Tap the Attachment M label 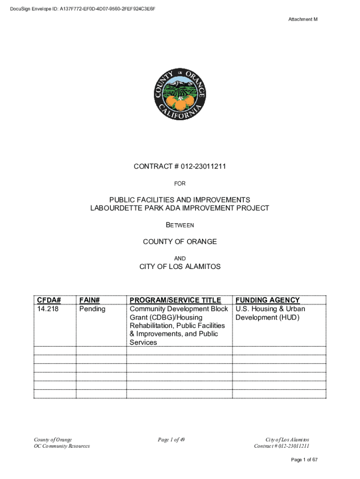(x=302, y=19)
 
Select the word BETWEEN (x=180, y=225)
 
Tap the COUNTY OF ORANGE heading (x=180, y=241)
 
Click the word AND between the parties (x=180, y=258)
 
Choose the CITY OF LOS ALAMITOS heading (x=180, y=267)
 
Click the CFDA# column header (x=50, y=300)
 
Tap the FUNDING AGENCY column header (x=267, y=300)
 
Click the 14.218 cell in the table (x=47, y=309)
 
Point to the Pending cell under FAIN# (x=92, y=309)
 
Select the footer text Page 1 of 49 (x=172, y=440)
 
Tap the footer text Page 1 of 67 (x=304, y=460)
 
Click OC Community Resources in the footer (x=62, y=446)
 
